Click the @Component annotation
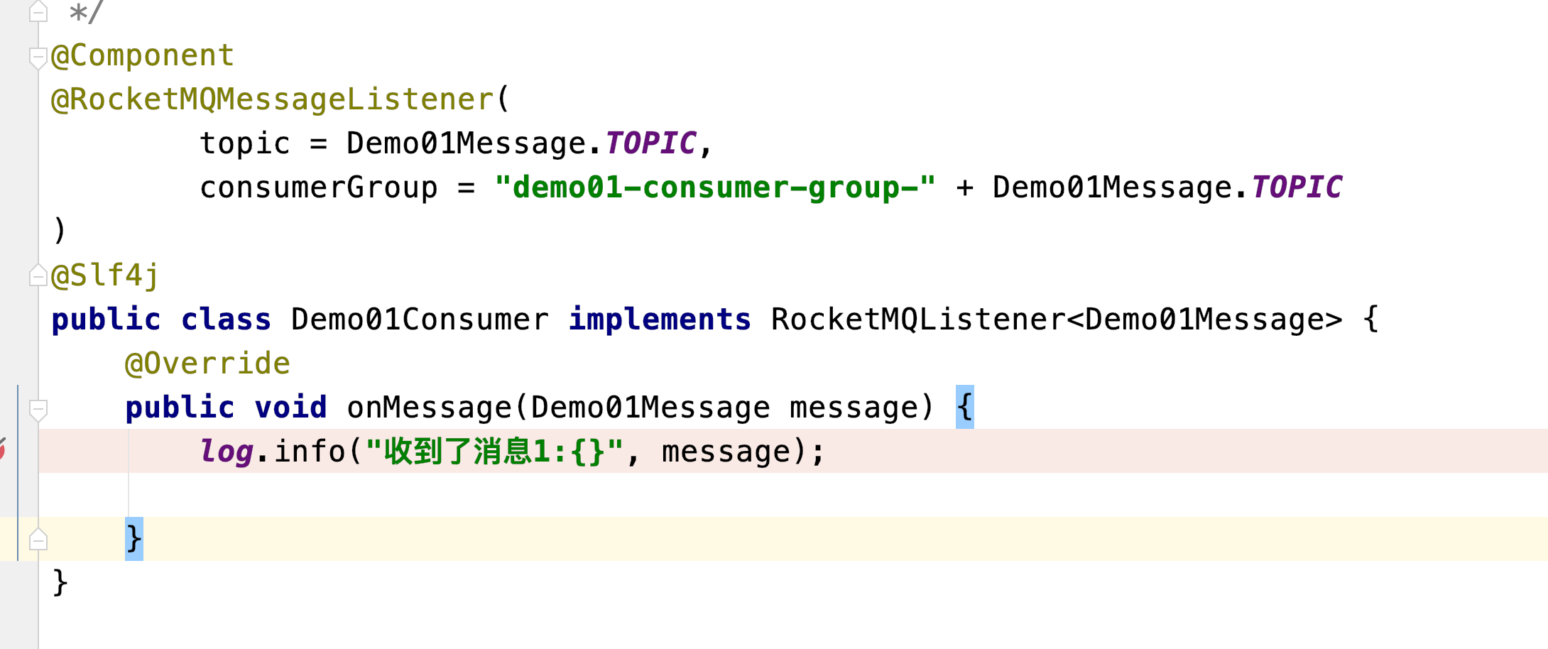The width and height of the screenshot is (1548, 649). pyautogui.click(x=142, y=55)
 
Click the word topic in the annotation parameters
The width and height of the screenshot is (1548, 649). pyautogui.click(x=245, y=143)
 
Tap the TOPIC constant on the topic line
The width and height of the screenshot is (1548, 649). pyautogui.click(x=650, y=143)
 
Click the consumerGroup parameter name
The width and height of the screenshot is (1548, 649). pyautogui.click(x=318, y=187)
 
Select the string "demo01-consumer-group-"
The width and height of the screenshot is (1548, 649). pyautogui.click(x=715, y=187)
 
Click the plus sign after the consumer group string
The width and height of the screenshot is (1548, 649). pyautogui.click(x=964, y=187)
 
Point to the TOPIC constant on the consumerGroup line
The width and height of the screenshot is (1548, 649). pyautogui.click(x=1297, y=187)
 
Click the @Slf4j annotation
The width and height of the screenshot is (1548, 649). pyautogui.click(x=105, y=276)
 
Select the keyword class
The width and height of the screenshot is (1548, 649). pyautogui.click(x=226, y=320)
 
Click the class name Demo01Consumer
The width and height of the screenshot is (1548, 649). pyautogui.click(x=420, y=320)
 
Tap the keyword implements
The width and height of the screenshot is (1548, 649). pyautogui.click(x=660, y=320)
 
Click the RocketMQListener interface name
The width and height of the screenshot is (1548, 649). pyautogui.click(x=918, y=320)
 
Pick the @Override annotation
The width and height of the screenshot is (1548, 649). pyautogui.click(x=207, y=364)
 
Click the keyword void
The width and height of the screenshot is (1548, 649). pyautogui.click(x=290, y=408)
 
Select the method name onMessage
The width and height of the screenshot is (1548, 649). pyautogui.click(x=429, y=408)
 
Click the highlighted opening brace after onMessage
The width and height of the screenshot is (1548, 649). pyautogui.click(x=964, y=408)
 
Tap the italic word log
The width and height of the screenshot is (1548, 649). pyautogui.click(x=226, y=452)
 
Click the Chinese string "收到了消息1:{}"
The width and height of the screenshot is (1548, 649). pyautogui.click(x=494, y=452)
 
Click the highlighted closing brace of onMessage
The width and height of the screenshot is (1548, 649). pyautogui.click(x=133, y=539)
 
